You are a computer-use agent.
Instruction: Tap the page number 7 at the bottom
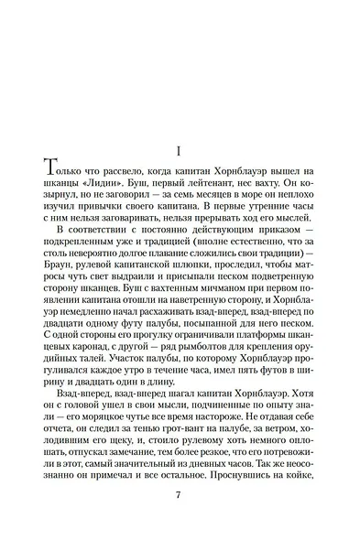click(180, 494)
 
